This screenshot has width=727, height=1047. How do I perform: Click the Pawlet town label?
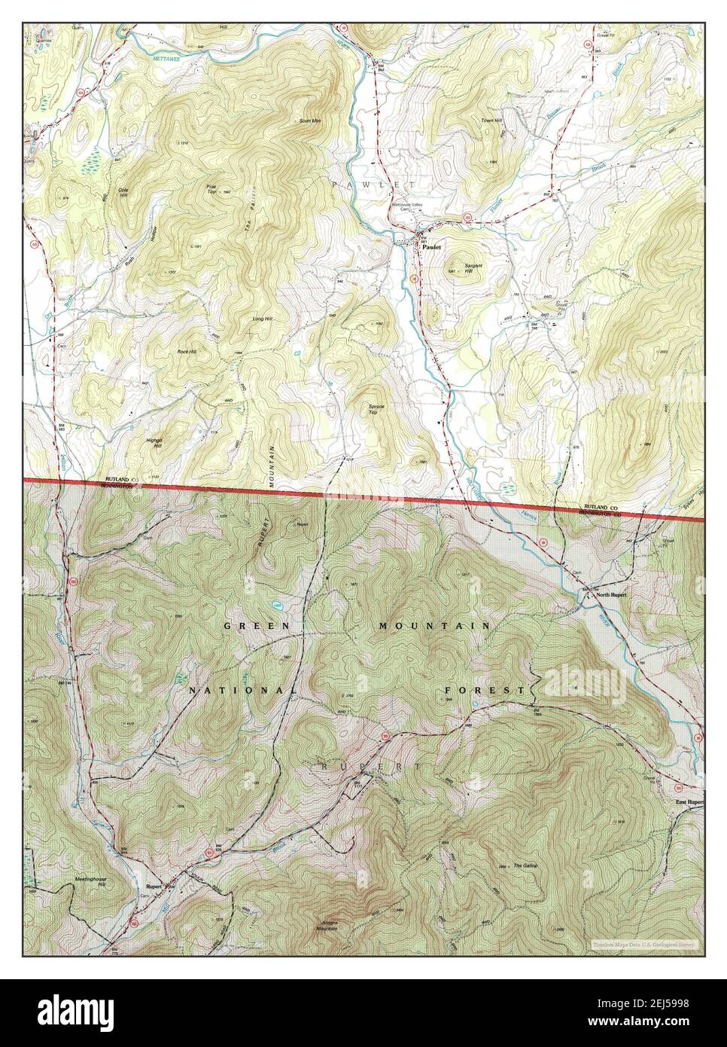[x=431, y=246]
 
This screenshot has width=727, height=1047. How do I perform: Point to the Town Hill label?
[x=491, y=121]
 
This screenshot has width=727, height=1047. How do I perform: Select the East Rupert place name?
[x=689, y=803]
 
